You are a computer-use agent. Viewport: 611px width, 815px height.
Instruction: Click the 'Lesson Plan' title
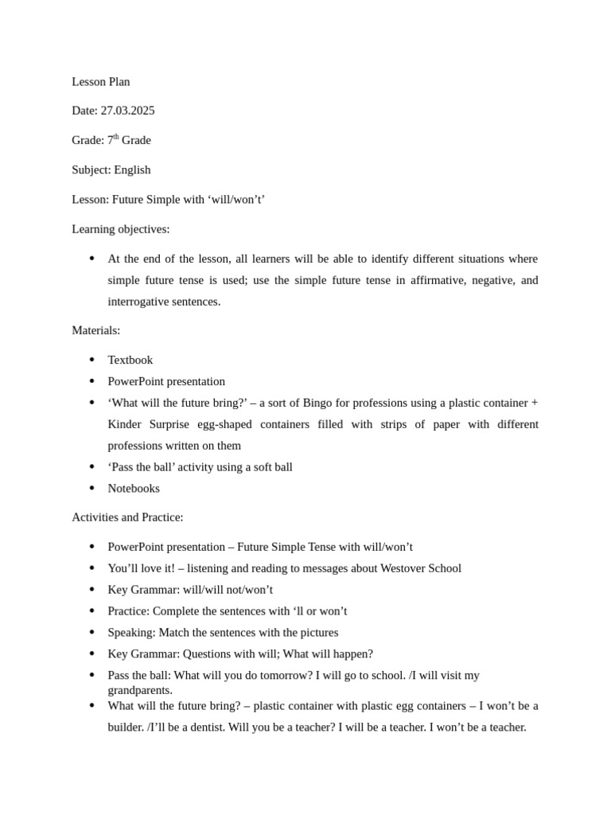101,82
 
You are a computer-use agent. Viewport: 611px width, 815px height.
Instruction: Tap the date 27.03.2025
127,111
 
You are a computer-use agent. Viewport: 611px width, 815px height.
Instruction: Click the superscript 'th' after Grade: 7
116,137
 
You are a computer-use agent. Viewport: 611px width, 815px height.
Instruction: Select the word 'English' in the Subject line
132,170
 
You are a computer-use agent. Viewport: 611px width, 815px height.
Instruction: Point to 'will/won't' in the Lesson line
236,199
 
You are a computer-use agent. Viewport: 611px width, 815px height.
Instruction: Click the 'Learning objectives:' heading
121,229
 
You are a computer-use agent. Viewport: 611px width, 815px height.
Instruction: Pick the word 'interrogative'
140,302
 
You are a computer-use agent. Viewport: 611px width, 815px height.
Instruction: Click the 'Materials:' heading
96,330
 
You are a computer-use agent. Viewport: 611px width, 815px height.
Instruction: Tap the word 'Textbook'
130,360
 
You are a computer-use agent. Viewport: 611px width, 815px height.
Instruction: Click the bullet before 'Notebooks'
92,488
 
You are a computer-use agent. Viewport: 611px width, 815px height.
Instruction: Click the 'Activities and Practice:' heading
127,517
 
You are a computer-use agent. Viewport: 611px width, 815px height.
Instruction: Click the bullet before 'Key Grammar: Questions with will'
92,653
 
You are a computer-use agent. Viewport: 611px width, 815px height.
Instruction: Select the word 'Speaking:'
131,633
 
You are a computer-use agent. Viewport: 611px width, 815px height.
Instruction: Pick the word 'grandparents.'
140,690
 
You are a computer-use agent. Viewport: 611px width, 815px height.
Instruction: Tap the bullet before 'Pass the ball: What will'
92,675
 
